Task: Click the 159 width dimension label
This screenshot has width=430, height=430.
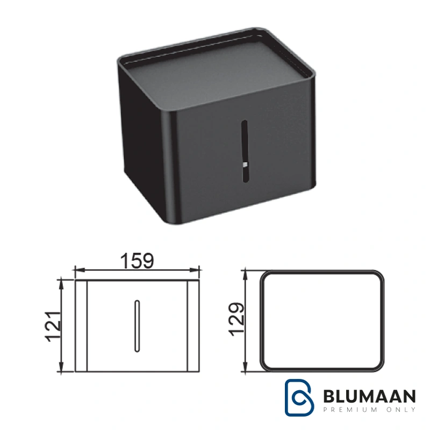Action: coord(137,261)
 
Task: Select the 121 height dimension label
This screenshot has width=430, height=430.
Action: coord(53,326)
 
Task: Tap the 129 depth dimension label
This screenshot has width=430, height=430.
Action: coord(236,319)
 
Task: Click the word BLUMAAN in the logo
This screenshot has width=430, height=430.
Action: coord(369,396)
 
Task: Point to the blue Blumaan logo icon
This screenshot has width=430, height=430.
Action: coord(299,397)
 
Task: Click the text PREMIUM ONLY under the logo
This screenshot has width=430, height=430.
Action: coord(369,410)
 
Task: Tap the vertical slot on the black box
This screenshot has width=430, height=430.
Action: coord(244,151)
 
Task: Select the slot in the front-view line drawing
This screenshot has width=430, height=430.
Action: coord(137,326)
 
